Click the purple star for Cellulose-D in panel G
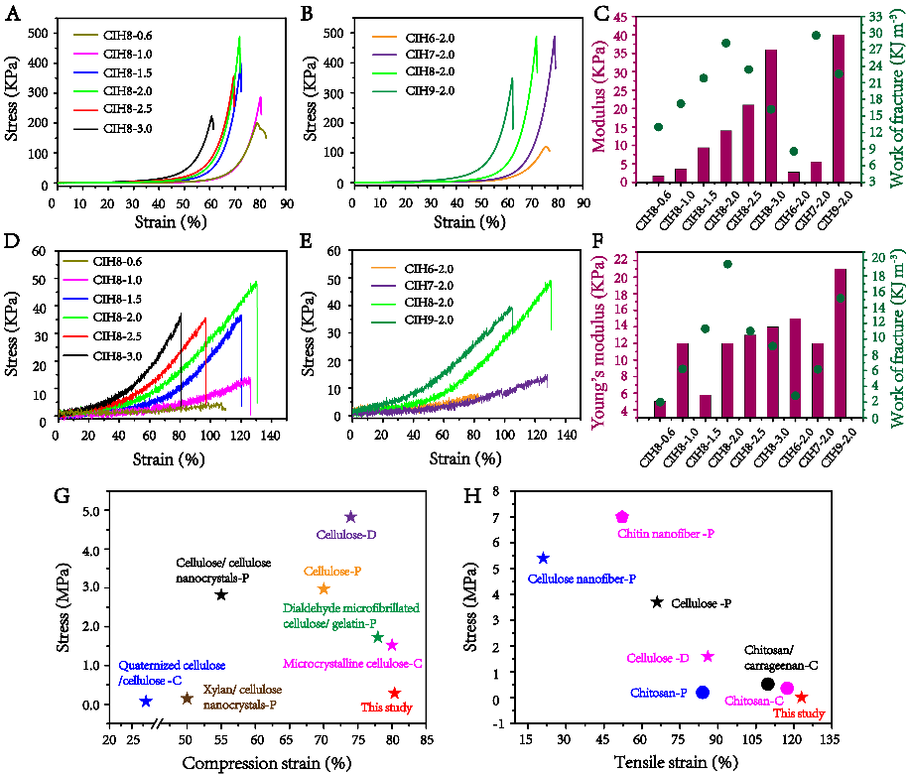(x=350, y=517)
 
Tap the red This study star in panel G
(x=395, y=693)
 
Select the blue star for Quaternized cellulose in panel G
(x=146, y=701)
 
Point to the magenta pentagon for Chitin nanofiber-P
(x=622, y=517)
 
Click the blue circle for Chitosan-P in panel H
(x=703, y=692)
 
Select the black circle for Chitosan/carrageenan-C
(x=767, y=684)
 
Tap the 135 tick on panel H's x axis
(x=829, y=738)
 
